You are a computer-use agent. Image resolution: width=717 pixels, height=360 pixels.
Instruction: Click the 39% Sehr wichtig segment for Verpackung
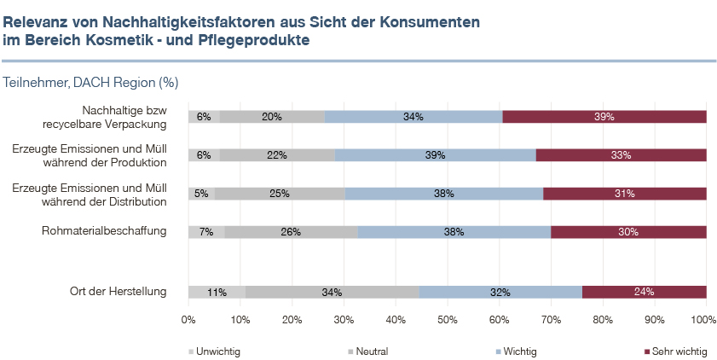tap(604, 117)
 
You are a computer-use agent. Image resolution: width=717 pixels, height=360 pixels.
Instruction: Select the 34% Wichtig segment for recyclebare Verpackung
tap(413, 117)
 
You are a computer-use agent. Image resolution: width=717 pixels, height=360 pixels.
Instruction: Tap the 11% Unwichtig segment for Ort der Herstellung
tap(217, 292)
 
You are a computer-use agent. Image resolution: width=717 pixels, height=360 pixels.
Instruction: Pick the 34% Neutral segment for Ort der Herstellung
tap(332, 292)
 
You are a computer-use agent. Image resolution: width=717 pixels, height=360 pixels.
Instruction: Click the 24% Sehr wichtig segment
tap(644, 292)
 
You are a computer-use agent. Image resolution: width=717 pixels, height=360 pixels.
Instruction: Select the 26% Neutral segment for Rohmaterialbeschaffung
tap(291, 231)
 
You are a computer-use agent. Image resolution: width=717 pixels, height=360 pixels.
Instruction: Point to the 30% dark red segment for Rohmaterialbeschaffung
tap(628, 231)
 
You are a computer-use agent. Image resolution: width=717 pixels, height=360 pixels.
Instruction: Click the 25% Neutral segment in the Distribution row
tap(279, 194)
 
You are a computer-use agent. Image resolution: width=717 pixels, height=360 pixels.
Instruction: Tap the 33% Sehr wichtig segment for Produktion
tap(621, 155)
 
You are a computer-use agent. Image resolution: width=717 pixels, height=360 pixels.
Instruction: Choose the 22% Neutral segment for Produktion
tap(277, 155)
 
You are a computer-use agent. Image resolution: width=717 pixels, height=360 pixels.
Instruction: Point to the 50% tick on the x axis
tap(447, 320)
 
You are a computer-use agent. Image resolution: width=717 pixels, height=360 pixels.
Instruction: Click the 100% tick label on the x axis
tap(704, 320)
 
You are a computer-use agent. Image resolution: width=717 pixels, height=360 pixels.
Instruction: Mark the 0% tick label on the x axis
tap(188, 320)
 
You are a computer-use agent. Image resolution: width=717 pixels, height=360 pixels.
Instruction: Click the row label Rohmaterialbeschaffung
tap(105, 231)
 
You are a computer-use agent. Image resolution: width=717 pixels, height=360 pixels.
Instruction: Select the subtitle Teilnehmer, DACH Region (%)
tap(90, 83)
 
